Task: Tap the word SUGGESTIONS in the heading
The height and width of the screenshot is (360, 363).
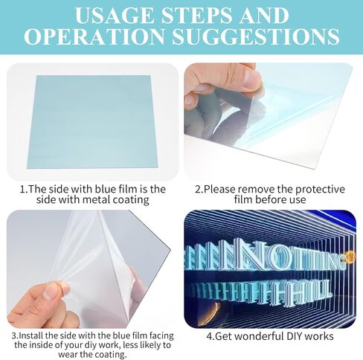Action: tap(255, 36)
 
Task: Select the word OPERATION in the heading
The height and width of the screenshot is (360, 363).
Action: tap(94, 36)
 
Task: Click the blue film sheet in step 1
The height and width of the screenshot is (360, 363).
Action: tap(92, 121)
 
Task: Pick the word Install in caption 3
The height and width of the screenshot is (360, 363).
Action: tap(31, 335)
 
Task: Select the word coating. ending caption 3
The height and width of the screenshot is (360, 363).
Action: tap(111, 355)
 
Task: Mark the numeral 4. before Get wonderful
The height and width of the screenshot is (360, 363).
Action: tap(211, 336)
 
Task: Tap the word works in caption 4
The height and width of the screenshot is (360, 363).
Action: tap(319, 336)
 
